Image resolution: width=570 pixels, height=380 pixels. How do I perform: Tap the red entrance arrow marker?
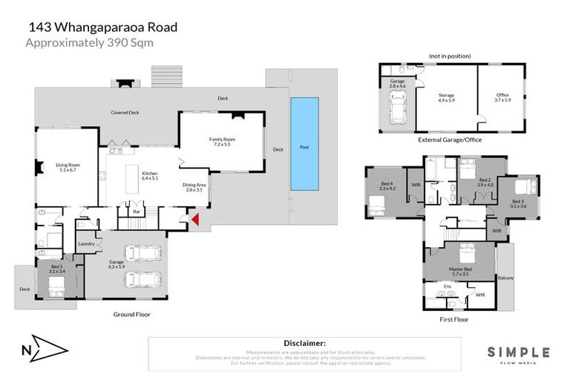(195, 219)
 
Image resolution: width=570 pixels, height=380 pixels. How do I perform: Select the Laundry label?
(86, 243)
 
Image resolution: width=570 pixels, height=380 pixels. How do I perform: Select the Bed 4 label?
(385, 186)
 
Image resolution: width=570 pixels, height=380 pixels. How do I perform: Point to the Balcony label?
(505, 278)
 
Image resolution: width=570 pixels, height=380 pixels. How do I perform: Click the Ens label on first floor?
(447, 286)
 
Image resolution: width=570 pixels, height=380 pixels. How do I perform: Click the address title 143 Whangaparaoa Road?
(102, 27)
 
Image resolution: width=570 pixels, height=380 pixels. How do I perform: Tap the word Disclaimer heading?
(304, 344)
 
